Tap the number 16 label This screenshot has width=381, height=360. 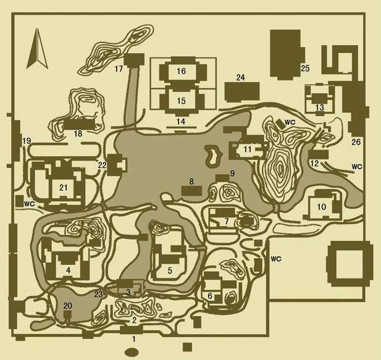pyautogui.click(x=182, y=71)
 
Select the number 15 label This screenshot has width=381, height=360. pyautogui.click(x=182, y=101)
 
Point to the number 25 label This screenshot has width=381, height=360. pyautogui.click(x=305, y=69)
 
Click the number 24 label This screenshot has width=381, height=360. pyautogui.click(x=241, y=77)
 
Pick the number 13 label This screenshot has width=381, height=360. pyautogui.click(x=320, y=107)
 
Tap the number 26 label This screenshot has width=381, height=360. pyautogui.click(x=356, y=142)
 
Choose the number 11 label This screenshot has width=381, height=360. pyautogui.click(x=248, y=149)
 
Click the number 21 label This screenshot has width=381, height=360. pyautogui.click(x=64, y=188)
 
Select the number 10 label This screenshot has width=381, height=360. pyautogui.click(x=322, y=207)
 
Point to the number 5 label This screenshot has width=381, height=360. pyautogui.click(x=170, y=270)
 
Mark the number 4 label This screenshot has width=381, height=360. pyautogui.click(x=69, y=270)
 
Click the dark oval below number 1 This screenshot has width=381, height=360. pyautogui.click(x=132, y=352)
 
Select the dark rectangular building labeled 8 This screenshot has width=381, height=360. pyautogui.click(x=191, y=191)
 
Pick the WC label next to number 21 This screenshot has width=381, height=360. pyautogui.click(x=30, y=204)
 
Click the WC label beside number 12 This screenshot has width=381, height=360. pyautogui.click(x=357, y=167)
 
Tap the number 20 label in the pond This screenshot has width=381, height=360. pyautogui.click(x=67, y=306)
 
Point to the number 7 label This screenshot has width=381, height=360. pyautogui.click(x=227, y=221)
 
